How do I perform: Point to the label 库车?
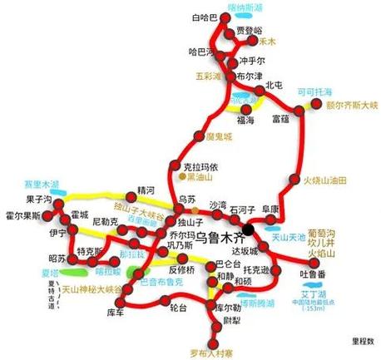click(x=116, y=312)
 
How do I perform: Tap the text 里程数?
click(x=363, y=341)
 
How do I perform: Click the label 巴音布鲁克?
click(x=154, y=282)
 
